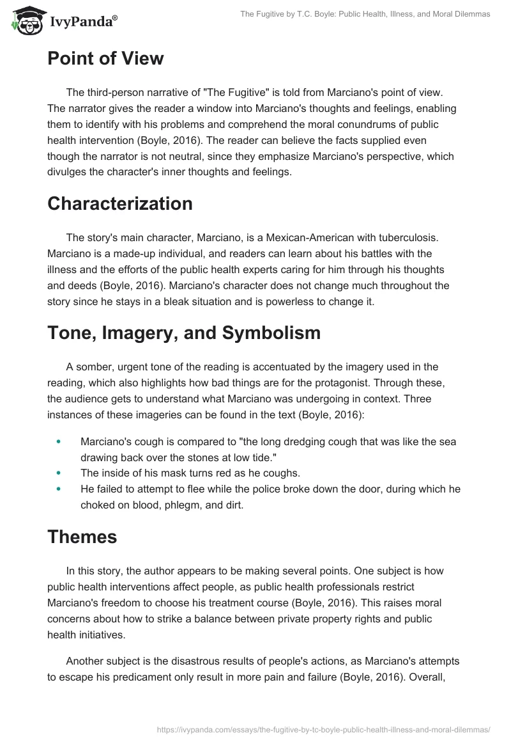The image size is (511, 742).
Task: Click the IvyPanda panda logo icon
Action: (25, 21)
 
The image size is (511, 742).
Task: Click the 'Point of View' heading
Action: (105, 59)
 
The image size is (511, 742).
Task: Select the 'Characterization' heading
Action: (120, 203)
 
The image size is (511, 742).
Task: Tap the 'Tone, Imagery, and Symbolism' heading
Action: (184, 333)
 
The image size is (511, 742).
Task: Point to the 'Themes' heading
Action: (82, 537)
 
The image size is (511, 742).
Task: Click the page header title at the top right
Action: (365, 14)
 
